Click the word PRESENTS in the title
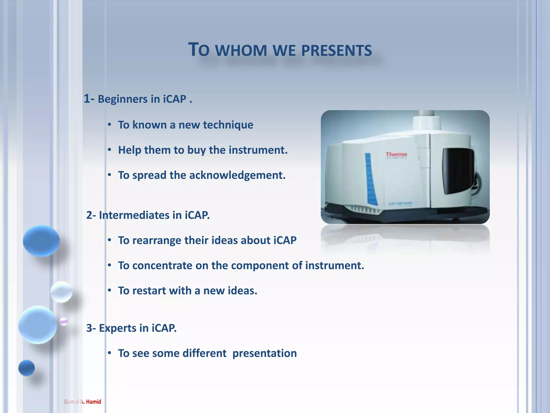(336, 51)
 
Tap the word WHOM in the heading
(241, 51)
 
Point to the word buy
(197, 150)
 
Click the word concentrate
(162, 266)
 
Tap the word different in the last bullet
(204, 353)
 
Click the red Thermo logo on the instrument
(396, 154)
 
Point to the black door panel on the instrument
(458, 171)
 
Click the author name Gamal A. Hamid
(82, 402)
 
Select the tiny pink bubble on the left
(64, 321)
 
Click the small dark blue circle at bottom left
(27, 368)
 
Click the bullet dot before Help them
(110, 150)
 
